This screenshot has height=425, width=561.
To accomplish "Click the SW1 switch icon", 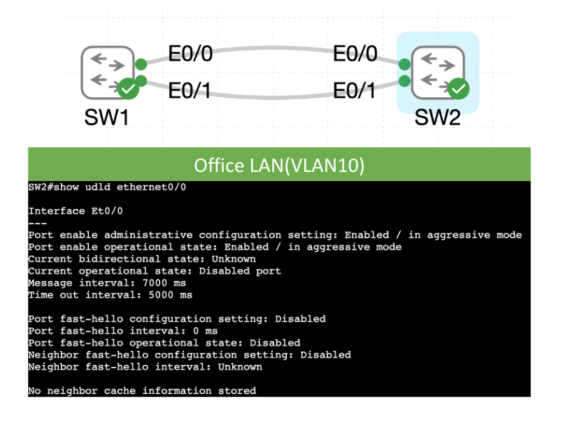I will tap(107, 72).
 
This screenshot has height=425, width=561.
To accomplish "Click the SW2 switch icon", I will tap(437, 72).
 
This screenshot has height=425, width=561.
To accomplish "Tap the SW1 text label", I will tap(106, 117).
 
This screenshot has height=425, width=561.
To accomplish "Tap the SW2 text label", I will tap(437, 117).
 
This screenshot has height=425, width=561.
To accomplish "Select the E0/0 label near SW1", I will tap(190, 54).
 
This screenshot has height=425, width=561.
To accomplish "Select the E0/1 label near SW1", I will tap(190, 90).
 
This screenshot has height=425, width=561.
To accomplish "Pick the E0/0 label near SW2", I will tap(355, 54).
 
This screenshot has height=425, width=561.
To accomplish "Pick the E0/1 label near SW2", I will tap(355, 90).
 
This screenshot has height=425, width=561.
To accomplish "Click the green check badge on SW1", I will tap(128, 89).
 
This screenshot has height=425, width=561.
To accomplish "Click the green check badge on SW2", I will tap(458, 89).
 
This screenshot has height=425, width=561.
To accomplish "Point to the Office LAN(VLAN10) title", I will tap(279, 165).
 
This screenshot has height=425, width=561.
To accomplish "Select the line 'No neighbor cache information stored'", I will tap(142, 390).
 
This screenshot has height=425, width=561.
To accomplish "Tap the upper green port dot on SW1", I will tap(141, 64).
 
